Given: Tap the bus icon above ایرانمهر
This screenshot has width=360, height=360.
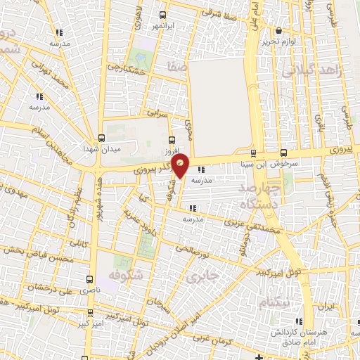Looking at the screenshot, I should (163, 15).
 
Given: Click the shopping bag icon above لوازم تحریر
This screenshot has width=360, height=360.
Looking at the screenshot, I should (279, 31).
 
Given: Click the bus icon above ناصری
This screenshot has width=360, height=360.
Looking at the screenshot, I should (89, 279).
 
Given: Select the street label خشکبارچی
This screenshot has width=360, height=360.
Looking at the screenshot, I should (124, 70).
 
